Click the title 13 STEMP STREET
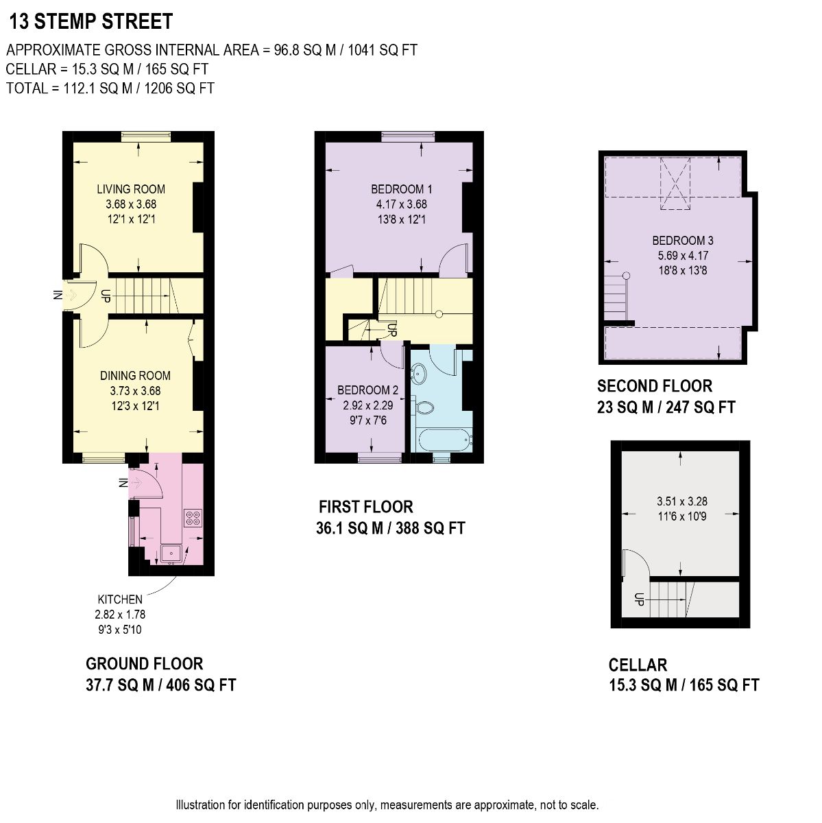91,21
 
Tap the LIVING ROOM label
131,189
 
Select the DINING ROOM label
135,375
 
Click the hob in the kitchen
193,518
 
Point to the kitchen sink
171,553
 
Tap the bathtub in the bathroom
444,440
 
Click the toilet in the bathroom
423,406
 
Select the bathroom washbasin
418,374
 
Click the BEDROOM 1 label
401,189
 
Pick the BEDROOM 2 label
367,390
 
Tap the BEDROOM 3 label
683,241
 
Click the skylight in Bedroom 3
675,184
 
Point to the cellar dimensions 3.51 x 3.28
682,501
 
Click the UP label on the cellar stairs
638,599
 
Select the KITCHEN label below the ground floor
120,599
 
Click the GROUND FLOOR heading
145,664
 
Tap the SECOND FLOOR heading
655,385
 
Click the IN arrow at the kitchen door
136,483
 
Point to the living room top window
146,136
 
